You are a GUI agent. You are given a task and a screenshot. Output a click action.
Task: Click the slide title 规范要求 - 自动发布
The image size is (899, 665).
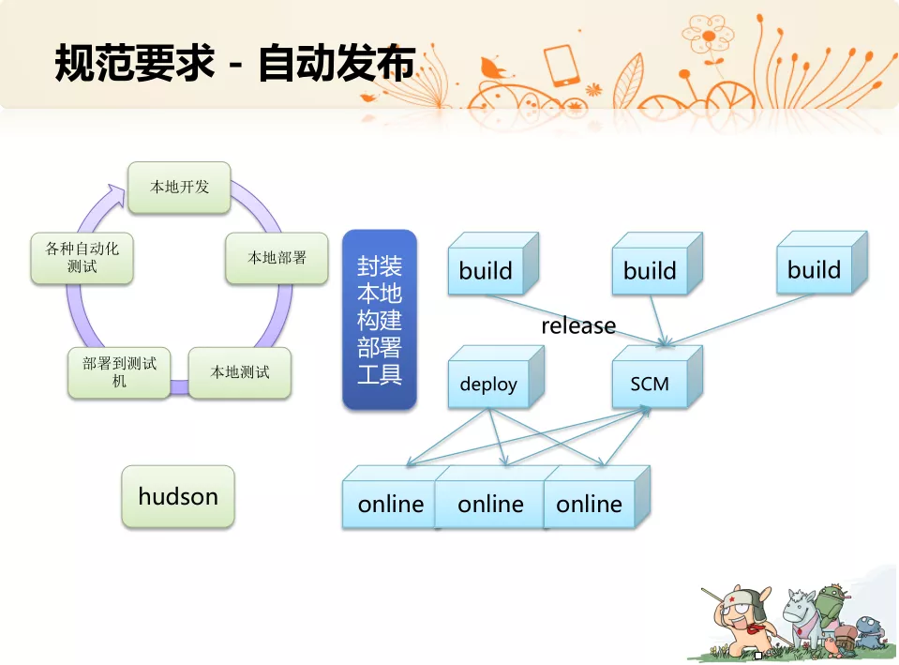(234, 63)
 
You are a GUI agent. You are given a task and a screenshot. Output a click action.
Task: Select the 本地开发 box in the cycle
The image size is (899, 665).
(179, 188)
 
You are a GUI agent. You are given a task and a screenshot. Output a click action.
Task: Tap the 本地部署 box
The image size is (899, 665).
(277, 258)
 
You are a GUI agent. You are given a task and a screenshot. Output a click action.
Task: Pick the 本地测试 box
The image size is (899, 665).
(240, 373)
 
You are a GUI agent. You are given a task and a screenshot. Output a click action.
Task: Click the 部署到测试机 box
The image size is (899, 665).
(119, 373)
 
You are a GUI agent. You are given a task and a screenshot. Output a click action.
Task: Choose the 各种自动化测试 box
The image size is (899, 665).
(82, 258)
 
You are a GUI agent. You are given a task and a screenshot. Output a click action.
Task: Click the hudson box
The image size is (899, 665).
(178, 497)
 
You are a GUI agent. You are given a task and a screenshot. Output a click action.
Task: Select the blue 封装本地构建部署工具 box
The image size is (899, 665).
(380, 320)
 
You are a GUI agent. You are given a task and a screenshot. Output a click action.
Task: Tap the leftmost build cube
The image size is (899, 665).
(493, 264)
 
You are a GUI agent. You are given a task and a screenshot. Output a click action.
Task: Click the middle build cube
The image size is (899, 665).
(658, 264)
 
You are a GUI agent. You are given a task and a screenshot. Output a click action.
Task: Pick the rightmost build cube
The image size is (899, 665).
(822, 263)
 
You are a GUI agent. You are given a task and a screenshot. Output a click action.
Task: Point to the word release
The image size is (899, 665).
(578, 325)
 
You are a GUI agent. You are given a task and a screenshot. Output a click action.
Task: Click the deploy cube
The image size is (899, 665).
(496, 377)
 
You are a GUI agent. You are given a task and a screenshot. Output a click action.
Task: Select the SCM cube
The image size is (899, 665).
(658, 377)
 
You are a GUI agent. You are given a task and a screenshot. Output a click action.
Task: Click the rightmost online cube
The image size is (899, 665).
(597, 497)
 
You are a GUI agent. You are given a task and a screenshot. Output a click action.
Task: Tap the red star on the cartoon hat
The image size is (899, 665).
(732, 599)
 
